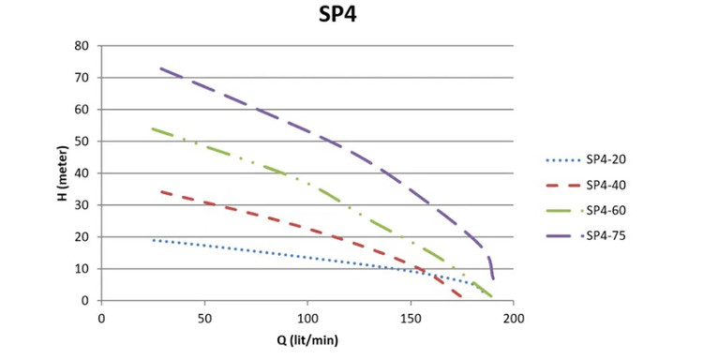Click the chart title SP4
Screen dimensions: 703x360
pyautogui.click(x=337, y=14)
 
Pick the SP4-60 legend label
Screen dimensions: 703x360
pyautogui.click(x=606, y=210)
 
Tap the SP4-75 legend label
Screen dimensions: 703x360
pyautogui.click(x=606, y=236)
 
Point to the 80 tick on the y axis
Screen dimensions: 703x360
pyautogui.click(x=82, y=46)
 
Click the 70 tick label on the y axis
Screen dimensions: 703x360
pyautogui.click(x=82, y=78)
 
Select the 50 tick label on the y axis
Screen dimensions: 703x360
pyautogui.click(x=82, y=142)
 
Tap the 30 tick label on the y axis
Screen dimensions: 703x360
pyautogui.click(x=82, y=205)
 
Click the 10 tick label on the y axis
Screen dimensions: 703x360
pyautogui.click(x=82, y=268)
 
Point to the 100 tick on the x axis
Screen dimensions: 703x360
pyautogui.click(x=307, y=319)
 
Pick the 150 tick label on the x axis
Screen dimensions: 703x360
pyautogui.click(x=411, y=319)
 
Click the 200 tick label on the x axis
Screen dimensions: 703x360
pyautogui.click(x=514, y=319)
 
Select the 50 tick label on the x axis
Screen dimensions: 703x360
pyautogui.click(x=204, y=319)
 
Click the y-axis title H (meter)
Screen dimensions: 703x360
pyautogui.click(x=63, y=173)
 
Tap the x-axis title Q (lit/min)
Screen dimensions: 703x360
pyautogui.click(x=307, y=340)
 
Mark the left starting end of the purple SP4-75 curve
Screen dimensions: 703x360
pyautogui.click(x=160, y=68)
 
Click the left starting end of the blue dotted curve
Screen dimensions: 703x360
pyautogui.click(x=154, y=240)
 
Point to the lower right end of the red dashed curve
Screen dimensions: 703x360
pyautogui.click(x=460, y=296)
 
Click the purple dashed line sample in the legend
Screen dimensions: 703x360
pyautogui.click(x=559, y=236)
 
